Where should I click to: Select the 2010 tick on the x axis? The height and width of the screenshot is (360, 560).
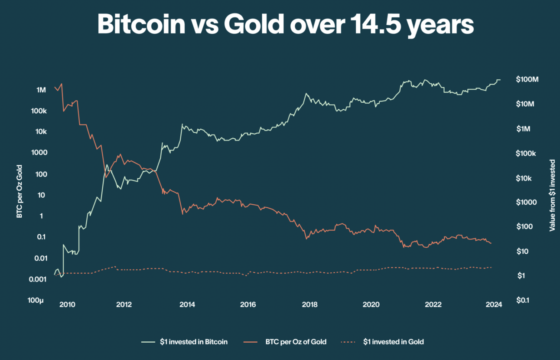pyautogui.click(x=67, y=304)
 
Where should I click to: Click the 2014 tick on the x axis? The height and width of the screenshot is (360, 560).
pyautogui.click(x=187, y=304)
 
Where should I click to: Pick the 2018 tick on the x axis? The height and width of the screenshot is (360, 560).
pyautogui.click(x=310, y=304)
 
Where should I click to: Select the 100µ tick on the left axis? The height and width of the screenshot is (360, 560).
pyautogui.click(x=37, y=300)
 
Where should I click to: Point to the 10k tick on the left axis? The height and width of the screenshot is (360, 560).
pyautogui.click(x=39, y=132)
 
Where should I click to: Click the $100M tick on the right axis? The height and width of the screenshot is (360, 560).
pyautogui.click(x=527, y=79)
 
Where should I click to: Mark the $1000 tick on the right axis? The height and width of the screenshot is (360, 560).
pyautogui.click(x=525, y=202)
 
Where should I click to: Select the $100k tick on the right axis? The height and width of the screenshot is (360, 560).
pyautogui.click(x=526, y=153)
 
